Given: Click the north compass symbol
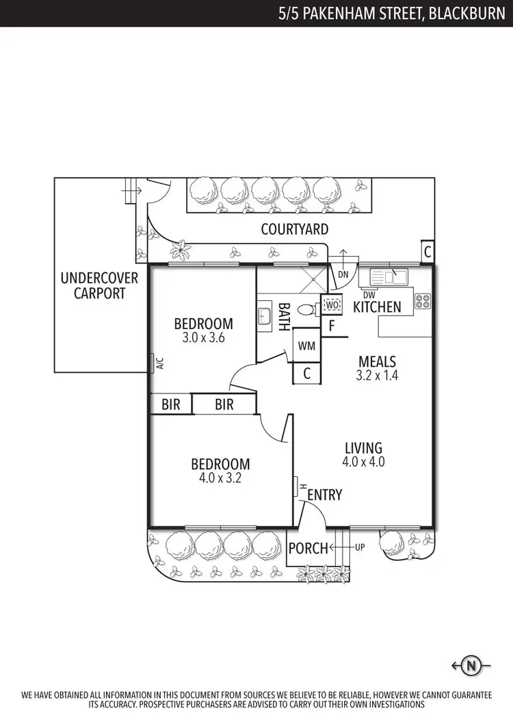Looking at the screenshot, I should [470, 664].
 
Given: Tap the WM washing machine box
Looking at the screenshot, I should [307, 346].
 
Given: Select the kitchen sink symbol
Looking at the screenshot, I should [388, 277].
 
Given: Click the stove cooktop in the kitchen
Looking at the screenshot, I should [423, 300].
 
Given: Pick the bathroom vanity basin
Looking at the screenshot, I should [265, 316].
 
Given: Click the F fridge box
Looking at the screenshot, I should [332, 326].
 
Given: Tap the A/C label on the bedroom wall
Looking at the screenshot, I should [159, 363].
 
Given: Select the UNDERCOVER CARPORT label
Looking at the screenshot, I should [99, 286].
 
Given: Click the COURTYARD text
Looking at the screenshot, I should [294, 229].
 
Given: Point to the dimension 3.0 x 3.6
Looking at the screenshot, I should [203, 337].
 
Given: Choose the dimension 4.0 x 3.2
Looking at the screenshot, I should [220, 478].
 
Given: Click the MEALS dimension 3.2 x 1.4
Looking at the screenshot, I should [376, 375].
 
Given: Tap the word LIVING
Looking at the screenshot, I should [363, 448].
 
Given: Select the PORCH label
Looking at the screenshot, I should [308, 548].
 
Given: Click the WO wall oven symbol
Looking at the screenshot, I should [332, 304].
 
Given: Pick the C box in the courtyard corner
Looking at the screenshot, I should [427, 252].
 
